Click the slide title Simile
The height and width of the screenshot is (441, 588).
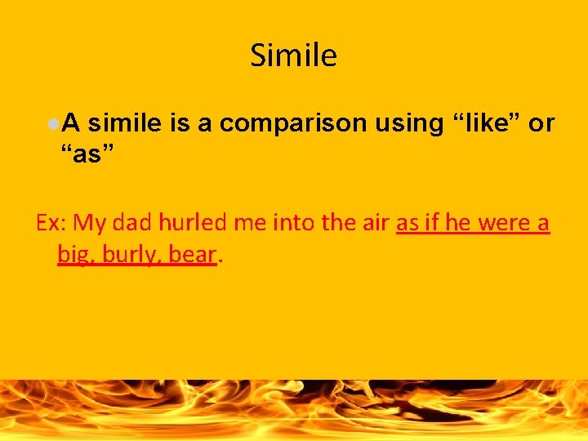293,56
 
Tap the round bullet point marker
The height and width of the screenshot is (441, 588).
52,123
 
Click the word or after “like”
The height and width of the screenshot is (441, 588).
541,123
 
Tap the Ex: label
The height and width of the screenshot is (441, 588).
53,223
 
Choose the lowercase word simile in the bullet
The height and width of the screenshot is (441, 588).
124,123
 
